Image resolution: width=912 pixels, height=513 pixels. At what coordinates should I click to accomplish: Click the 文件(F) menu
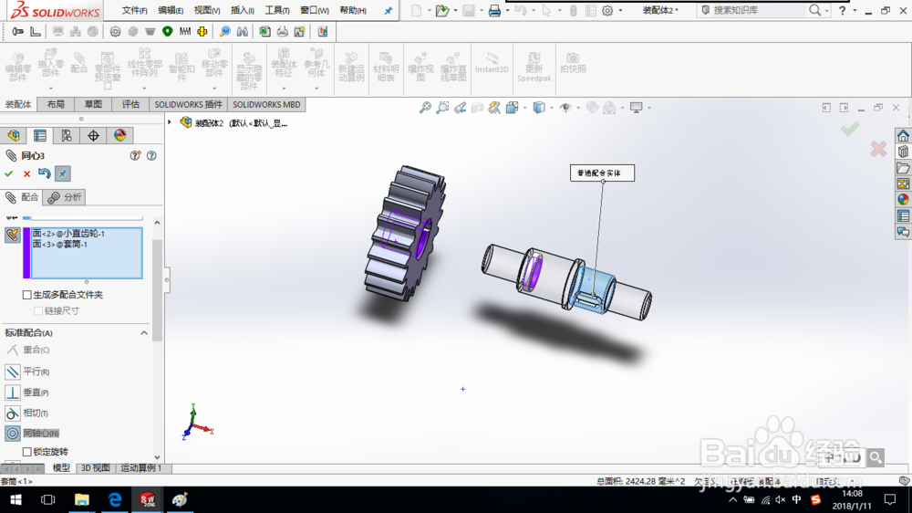click(134, 11)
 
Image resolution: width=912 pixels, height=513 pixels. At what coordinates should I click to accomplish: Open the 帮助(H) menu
click(352, 11)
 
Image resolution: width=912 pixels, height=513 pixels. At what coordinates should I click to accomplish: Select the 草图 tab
click(93, 105)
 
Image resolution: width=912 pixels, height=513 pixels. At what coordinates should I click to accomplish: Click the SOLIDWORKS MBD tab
click(266, 105)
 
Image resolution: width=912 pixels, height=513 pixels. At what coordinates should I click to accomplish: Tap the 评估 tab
click(130, 105)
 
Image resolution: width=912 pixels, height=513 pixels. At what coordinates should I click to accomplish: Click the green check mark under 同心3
click(9, 174)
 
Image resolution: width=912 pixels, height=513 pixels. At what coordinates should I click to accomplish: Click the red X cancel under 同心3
click(26, 174)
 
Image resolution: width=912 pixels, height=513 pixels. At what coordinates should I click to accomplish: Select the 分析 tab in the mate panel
click(66, 197)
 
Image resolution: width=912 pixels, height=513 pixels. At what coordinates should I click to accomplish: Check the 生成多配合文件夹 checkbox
click(27, 295)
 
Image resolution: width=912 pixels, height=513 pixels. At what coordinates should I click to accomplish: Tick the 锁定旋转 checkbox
click(27, 452)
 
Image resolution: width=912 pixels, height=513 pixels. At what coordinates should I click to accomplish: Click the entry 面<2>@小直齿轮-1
click(68, 234)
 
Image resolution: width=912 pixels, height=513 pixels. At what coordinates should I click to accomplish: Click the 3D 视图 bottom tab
click(95, 468)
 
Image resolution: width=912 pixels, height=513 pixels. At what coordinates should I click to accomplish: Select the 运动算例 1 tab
click(141, 468)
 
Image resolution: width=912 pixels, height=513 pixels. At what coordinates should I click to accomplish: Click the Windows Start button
click(16, 500)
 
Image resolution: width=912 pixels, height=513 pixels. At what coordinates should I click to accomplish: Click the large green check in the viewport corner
click(850, 130)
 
